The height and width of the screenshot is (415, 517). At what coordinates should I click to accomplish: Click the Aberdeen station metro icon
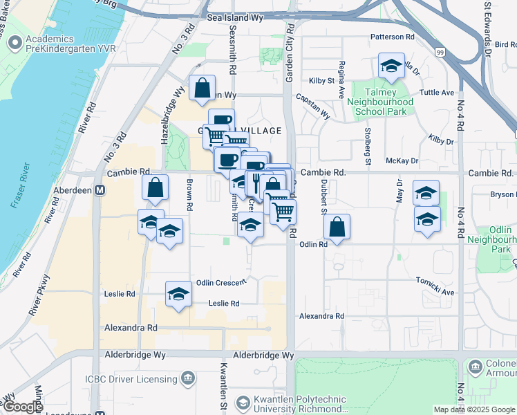click(100, 190)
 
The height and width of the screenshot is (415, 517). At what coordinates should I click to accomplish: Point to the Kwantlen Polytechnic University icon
click(243, 403)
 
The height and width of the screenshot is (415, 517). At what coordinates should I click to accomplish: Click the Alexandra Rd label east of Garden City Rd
click(321, 316)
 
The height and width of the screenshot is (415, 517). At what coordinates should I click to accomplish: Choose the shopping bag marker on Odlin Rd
click(337, 227)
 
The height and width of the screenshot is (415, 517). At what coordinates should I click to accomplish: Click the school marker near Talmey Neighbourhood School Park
click(392, 66)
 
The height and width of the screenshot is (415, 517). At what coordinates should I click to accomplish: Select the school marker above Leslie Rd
click(178, 293)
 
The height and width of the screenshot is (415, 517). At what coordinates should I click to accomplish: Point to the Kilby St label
click(321, 81)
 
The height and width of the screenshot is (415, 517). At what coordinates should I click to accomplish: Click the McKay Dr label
click(403, 160)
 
